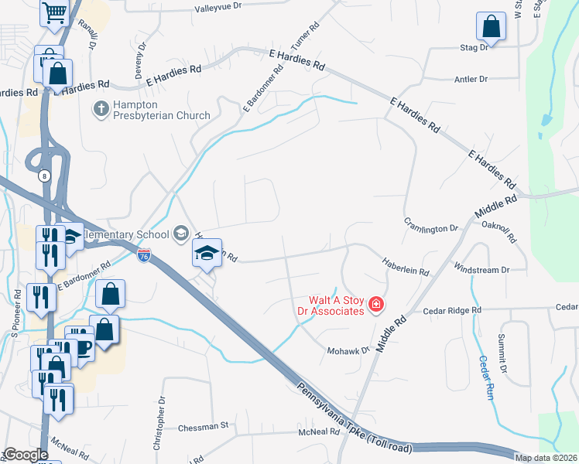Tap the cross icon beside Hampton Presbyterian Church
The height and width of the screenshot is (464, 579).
point(101,110)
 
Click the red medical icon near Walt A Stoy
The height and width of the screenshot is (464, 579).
point(376,305)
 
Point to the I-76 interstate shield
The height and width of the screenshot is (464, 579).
point(144,254)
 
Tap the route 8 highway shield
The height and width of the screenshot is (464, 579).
point(46,176)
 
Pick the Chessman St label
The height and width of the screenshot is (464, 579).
point(204,425)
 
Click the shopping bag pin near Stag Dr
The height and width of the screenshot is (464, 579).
point(491,27)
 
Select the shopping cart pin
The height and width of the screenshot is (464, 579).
point(54,12)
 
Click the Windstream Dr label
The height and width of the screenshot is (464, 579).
point(481,270)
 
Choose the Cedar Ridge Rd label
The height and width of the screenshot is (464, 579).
point(452,310)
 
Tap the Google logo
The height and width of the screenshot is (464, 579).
point(26,455)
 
